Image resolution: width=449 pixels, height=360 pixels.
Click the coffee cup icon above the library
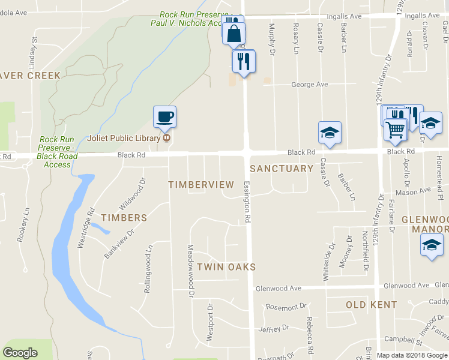[164, 116]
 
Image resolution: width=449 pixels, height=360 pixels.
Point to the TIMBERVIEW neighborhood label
[200, 184]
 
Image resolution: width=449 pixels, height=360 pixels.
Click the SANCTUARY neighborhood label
[281, 169]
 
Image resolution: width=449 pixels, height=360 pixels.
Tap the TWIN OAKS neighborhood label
[226, 266]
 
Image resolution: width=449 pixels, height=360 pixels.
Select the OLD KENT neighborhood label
[371, 305]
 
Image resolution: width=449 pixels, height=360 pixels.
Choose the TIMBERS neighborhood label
[124, 218]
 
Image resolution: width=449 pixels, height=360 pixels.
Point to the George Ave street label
[310, 85]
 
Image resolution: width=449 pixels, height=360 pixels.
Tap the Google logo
[20, 353]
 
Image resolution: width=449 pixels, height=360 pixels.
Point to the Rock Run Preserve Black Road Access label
[58, 152]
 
